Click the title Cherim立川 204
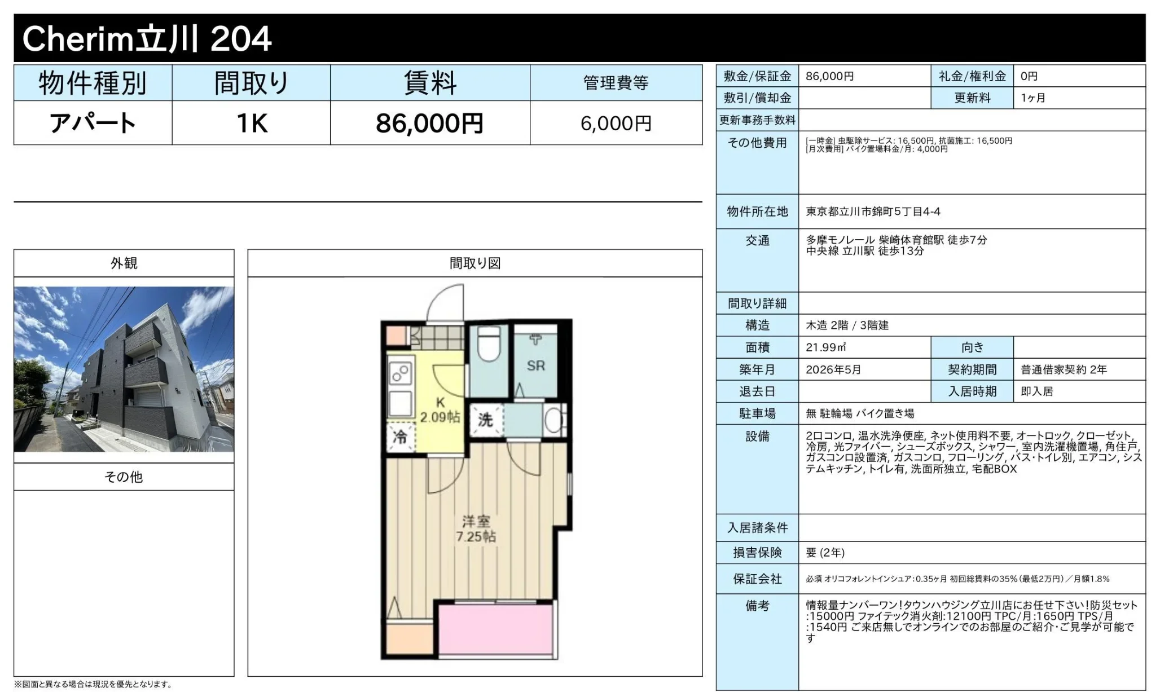tap(147, 38)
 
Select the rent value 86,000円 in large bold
tap(429, 123)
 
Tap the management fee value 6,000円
tap(616, 123)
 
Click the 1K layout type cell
tap(252, 123)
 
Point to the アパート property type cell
tap(93, 123)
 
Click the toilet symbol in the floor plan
tap(489, 344)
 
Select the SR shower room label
tap(535, 365)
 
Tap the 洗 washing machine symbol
tap(486, 420)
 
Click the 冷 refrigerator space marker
tap(400, 437)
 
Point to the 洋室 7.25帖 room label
tap(476, 528)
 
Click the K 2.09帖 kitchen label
tap(440, 410)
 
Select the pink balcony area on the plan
tap(495, 630)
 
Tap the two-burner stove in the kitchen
tap(400, 373)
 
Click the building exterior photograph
tap(124, 369)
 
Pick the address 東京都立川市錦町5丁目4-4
tap(873, 211)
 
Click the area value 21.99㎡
tap(826, 347)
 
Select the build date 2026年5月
tap(833, 369)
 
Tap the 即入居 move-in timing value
tap(1037, 391)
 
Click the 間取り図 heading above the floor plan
tap(475, 263)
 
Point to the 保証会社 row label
tap(757, 579)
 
